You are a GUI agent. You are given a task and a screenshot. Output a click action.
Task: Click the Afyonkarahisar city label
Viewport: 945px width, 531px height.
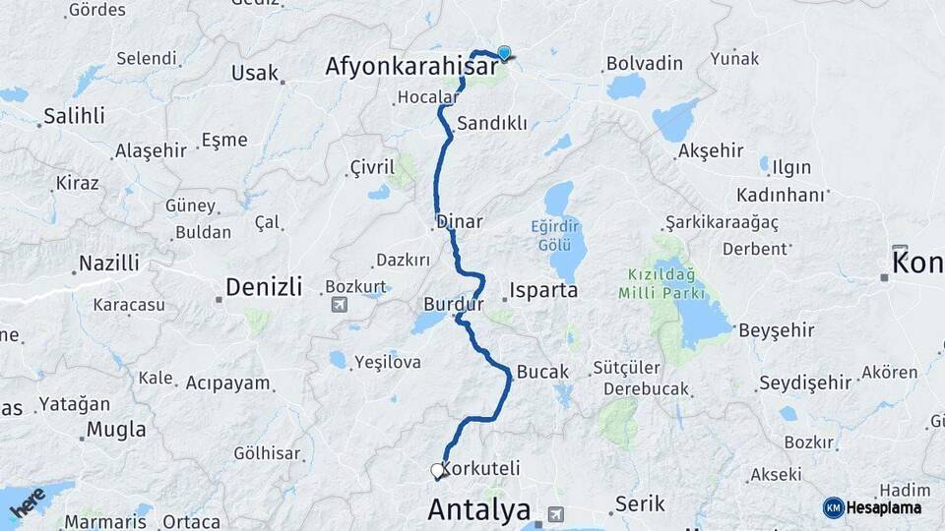coord(411,67)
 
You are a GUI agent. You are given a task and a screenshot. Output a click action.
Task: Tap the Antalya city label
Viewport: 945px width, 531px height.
coord(479,510)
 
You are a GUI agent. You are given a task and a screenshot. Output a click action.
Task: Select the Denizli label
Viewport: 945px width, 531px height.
coord(264,287)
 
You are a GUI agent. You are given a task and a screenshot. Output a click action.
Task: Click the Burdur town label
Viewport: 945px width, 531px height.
coord(454,304)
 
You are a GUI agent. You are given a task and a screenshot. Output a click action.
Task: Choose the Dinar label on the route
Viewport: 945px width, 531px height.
coord(459,221)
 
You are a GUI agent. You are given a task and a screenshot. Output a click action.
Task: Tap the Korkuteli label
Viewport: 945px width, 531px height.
coord(481,468)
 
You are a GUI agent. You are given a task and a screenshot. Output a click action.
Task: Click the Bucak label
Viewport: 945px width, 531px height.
coord(542,372)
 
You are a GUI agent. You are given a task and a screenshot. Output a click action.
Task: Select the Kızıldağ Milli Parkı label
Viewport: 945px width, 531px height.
coord(661,283)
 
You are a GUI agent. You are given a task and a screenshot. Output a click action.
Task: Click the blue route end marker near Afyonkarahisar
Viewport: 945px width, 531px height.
coord(505,53)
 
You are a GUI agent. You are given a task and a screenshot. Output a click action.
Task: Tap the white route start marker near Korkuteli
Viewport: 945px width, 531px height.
coord(437,471)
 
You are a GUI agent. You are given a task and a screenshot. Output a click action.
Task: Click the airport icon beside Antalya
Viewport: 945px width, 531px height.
coord(557,513)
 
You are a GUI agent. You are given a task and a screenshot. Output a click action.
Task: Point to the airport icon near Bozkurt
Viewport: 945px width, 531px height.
coord(341,303)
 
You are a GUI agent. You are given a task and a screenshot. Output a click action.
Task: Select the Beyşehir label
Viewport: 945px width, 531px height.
coord(777,330)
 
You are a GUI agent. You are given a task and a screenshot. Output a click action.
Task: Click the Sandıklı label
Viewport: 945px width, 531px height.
coord(492,124)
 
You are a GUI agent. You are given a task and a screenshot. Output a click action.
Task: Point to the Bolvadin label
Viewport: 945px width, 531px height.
coord(645,63)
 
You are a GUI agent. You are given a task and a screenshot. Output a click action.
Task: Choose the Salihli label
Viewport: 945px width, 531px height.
coord(74,117)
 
